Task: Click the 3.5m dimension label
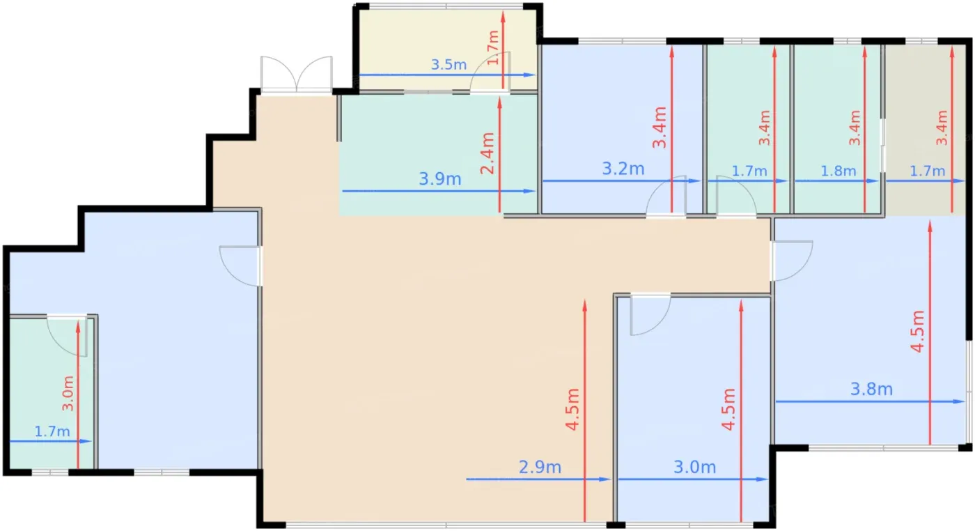coord(448,65)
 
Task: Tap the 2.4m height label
coord(487,153)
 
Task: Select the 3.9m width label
coord(440,179)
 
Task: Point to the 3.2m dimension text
coord(623,169)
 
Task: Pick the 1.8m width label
coord(838,171)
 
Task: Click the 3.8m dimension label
coord(872,389)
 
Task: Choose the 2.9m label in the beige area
coord(540,468)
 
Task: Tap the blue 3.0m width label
coord(695,468)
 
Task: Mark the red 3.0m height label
coord(68,393)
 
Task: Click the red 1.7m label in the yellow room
coord(493,48)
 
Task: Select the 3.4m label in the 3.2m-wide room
coord(660,128)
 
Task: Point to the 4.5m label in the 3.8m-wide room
coord(918,331)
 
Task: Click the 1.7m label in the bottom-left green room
coord(52,431)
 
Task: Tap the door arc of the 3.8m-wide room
coord(793,261)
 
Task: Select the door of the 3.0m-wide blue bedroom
coord(650,315)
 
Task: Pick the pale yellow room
coord(447,49)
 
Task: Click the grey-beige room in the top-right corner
coord(926,130)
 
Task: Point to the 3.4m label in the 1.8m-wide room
coord(855,128)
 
